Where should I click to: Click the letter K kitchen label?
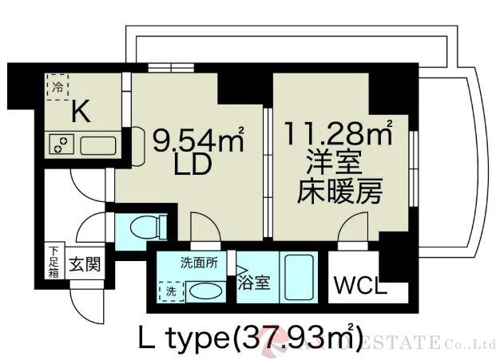[x=80, y=113]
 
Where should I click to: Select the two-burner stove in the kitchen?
[x=61, y=146]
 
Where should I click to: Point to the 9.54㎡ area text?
[x=197, y=142]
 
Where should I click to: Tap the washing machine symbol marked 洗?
[x=170, y=292]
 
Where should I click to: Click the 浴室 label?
[x=255, y=282]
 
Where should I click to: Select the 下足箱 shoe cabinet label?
[x=51, y=261]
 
